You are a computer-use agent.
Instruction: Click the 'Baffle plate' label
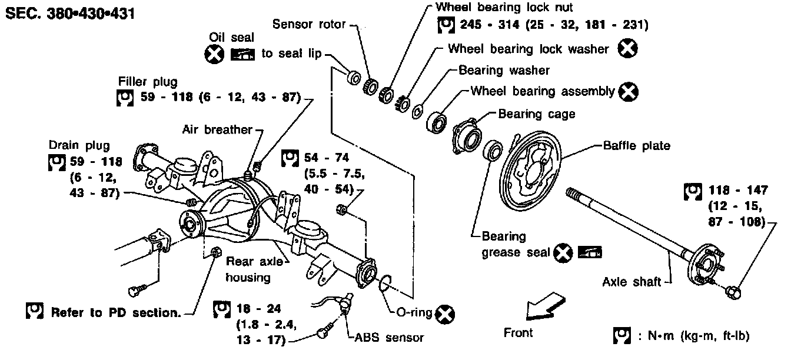point(636,145)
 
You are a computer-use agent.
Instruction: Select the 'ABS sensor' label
point(389,338)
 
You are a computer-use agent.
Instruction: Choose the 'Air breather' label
point(217,129)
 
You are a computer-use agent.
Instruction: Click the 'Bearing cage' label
point(536,113)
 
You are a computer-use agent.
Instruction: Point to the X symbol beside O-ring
point(447,314)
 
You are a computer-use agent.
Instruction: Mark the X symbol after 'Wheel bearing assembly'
point(629,91)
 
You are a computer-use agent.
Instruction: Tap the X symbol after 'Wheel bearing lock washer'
point(628,48)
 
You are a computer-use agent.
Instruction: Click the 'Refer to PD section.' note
point(115,312)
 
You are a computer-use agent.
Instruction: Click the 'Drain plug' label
point(79,145)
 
